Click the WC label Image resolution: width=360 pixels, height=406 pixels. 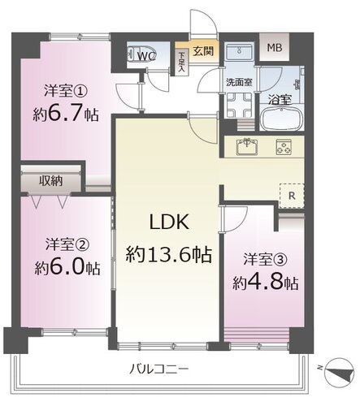pos(147,57)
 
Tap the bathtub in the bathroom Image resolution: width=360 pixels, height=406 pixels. pos(284,117)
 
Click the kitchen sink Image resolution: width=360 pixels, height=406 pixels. pos(245,148)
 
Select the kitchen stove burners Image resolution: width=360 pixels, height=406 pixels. pos(284,148)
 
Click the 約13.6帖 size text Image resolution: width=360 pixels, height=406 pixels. pos(168,255)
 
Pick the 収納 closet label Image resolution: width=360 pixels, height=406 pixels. pos(53,179)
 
